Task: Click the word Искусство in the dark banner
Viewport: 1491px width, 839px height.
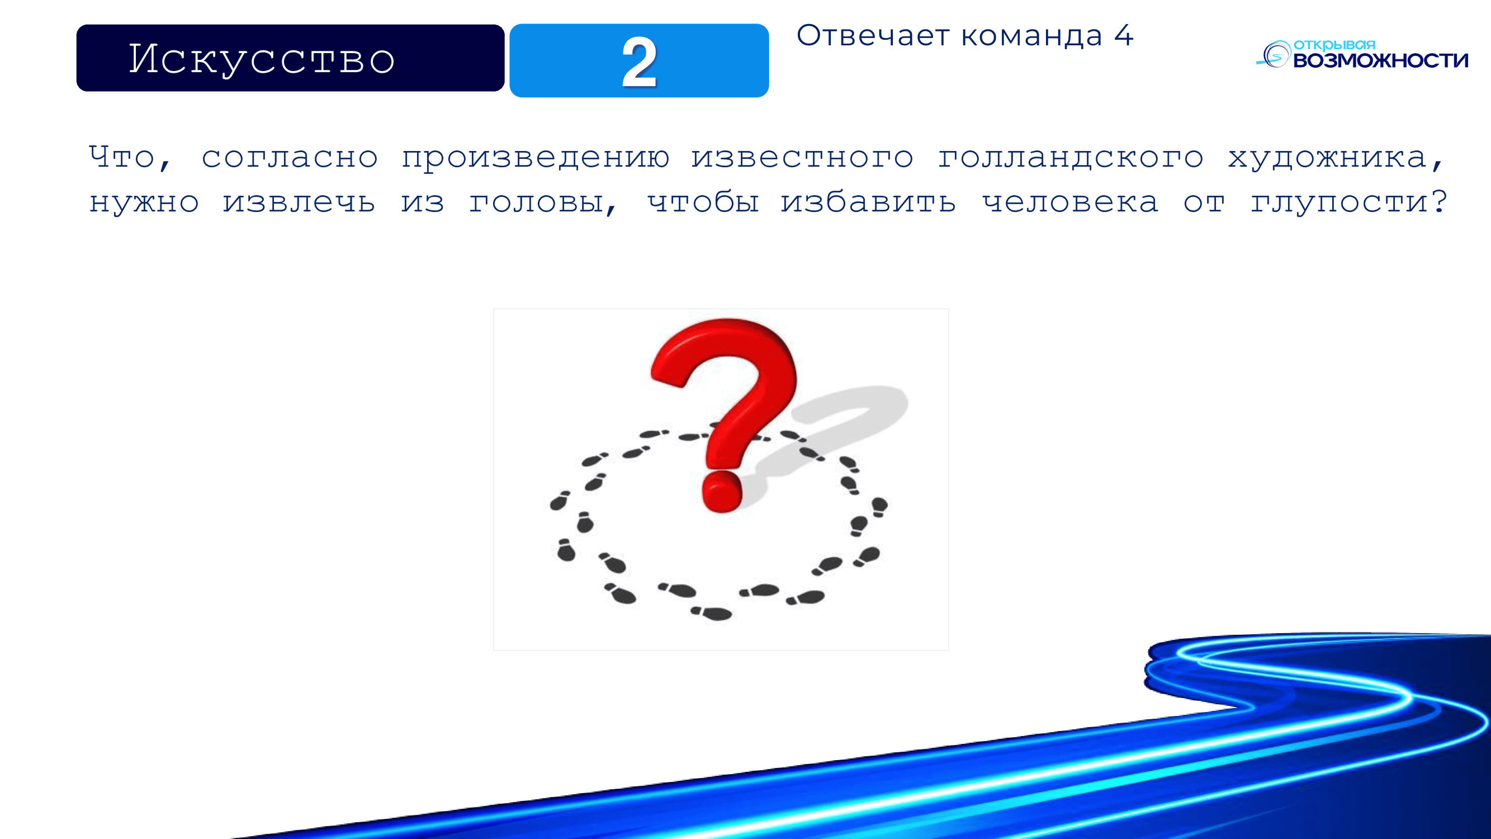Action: (262, 59)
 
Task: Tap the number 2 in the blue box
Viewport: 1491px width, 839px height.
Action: (639, 62)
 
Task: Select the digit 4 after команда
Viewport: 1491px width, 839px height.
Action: (1124, 35)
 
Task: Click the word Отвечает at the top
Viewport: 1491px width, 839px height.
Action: (873, 35)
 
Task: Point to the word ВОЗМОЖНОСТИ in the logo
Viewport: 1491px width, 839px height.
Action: (1380, 60)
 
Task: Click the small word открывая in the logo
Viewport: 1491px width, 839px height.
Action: (1334, 45)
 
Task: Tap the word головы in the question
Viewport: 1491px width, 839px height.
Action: (542, 202)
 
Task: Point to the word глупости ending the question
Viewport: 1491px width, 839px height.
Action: (1348, 202)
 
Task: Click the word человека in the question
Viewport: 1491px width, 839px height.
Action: (1070, 202)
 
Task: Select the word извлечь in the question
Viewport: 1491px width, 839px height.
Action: (299, 202)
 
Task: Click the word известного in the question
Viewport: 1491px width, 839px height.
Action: (802, 157)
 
